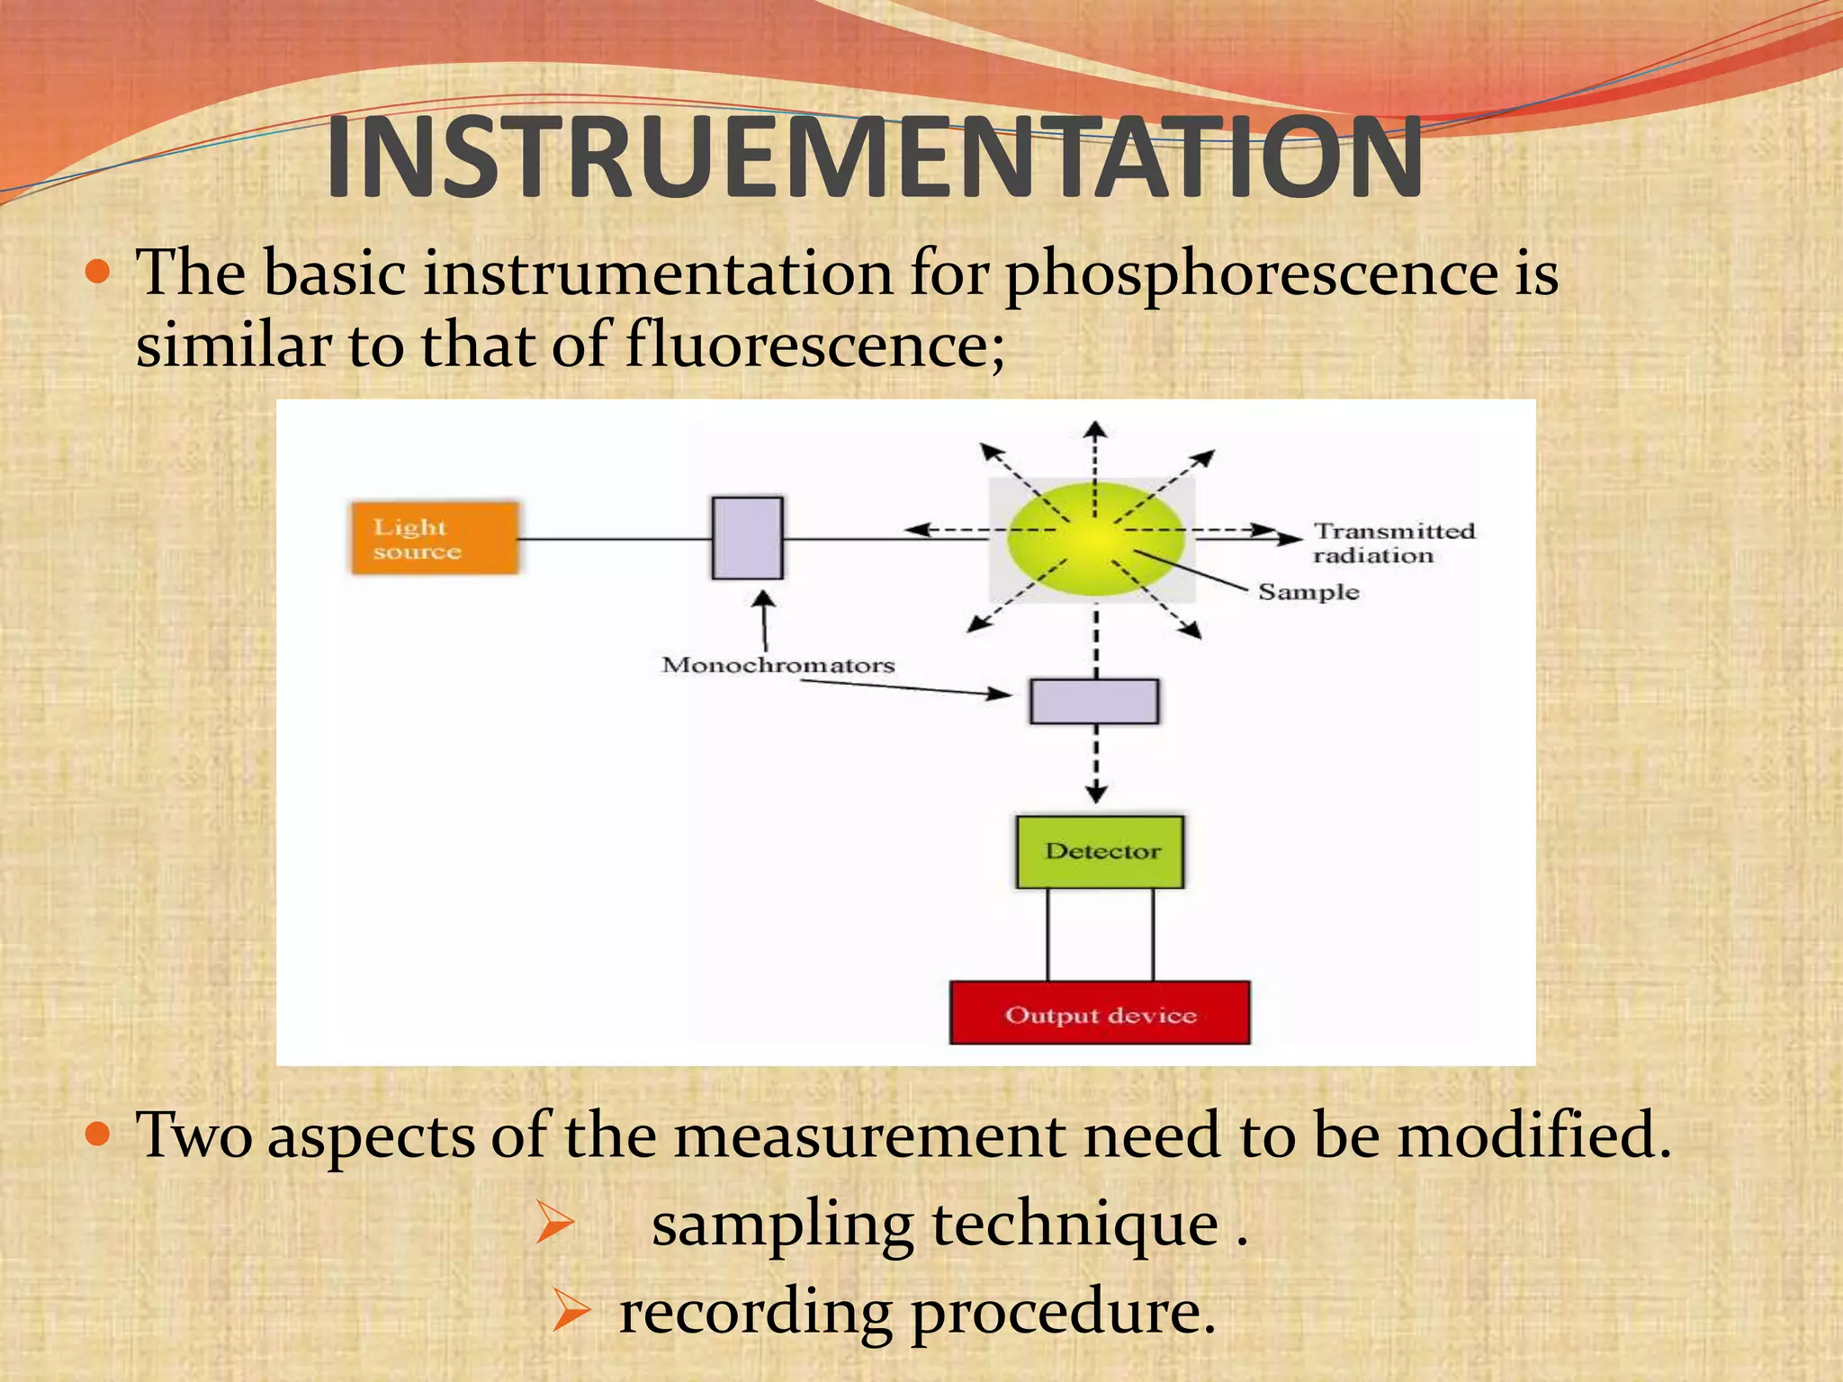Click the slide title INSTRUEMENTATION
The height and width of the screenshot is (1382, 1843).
click(873, 159)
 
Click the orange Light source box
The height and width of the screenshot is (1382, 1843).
click(435, 538)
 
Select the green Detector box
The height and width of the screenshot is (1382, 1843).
click(1100, 851)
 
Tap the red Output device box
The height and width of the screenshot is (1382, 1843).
click(1100, 1013)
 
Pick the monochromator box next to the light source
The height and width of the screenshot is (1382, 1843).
click(747, 538)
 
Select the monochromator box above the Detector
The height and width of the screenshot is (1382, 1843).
click(1094, 702)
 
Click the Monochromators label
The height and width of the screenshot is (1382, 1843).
click(778, 665)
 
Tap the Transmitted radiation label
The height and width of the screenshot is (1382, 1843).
click(1392, 543)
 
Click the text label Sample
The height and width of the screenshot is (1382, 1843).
click(1308, 592)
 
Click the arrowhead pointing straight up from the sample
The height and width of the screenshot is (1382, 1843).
click(1094, 429)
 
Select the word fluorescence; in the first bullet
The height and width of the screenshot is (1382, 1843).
click(814, 346)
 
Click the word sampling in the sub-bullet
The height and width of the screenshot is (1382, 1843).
click(782, 1225)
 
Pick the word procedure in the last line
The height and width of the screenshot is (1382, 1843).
click(1062, 1312)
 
